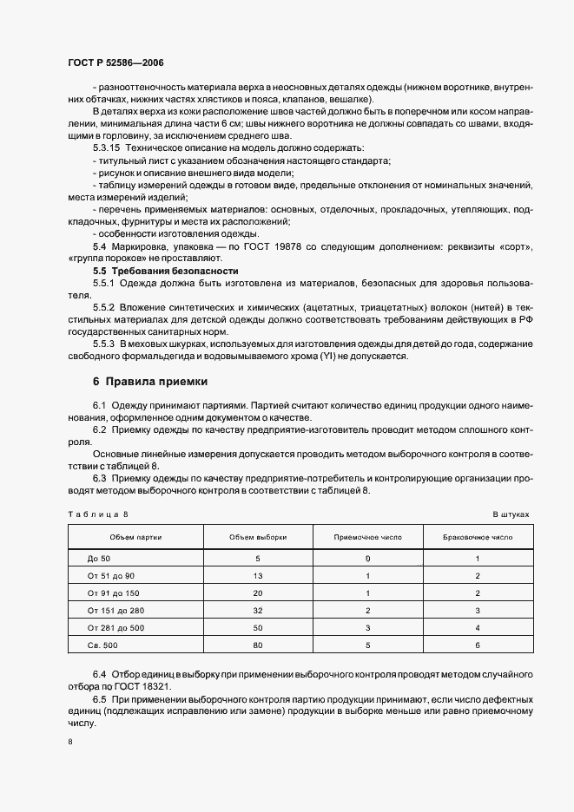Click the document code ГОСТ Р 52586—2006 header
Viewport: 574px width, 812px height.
[x=115, y=63]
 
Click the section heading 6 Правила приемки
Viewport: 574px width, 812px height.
[x=149, y=382]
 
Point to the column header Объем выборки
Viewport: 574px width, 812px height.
[x=258, y=537]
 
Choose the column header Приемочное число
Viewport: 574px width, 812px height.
[x=368, y=537]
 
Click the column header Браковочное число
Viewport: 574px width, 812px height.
[x=478, y=537]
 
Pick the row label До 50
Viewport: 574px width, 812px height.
[x=99, y=558]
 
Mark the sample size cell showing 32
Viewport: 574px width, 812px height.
[x=258, y=610]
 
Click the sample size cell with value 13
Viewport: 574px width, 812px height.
[x=258, y=575]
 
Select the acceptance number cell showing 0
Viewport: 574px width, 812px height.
[x=368, y=558]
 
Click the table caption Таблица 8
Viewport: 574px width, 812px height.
[x=98, y=514]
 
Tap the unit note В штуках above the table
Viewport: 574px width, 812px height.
[x=511, y=514]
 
